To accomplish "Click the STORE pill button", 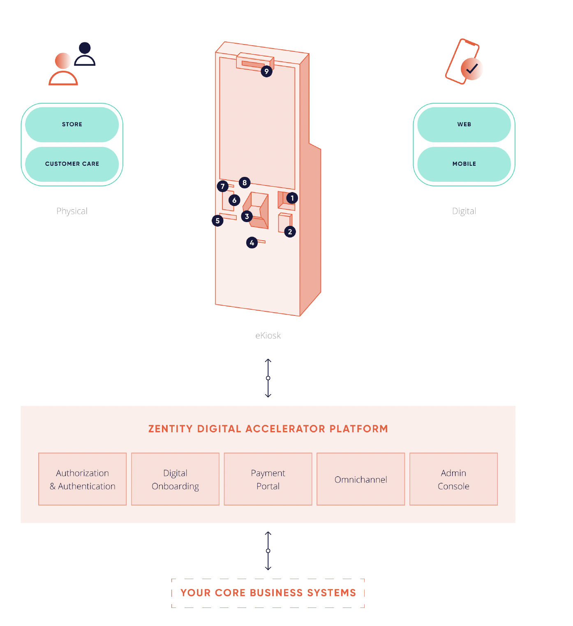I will pyautogui.click(x=72, y=124).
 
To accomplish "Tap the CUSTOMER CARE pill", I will pyautogui.click(x=72, y=164).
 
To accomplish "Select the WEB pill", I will pyautogui.click(x=464, y=124).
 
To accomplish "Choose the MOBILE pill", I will pyautogui.click(x=464, y=164).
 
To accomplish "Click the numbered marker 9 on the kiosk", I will pyautogui.click(x=266, y=72).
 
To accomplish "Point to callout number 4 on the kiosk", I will pyautogui.click(x=252, y=243).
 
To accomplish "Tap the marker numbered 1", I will pyautogui.click(x=292, y=198).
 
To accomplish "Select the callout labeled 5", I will pyautogui.click(x=217, y=220).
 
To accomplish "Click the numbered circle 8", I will pyautogui.click(x=245, y=183).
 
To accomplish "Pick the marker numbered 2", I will pyautogui.click(x=290, y=232).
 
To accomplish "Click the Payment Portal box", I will pyautogui.click(x=268, y=479).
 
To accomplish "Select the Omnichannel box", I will pyautogui.click(x=360, y=479).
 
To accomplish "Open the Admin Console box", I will pyautogui.click(x=453, y=479).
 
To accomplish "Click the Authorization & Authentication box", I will pyautogui.click(x=82, y=479).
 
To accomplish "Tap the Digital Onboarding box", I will pyautogui.click(x=175, y=479).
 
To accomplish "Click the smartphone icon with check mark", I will pyautogui.click(x=463, y=62).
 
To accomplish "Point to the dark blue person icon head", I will pyautogui.click(x=85, y=48).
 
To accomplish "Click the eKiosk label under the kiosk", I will pyautogui.click(x=268, y=336).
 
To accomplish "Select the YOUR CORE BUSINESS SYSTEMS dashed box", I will pyautogui.click(x=268, y=593).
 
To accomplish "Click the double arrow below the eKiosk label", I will pyautogui.click(x=268, y=378).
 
